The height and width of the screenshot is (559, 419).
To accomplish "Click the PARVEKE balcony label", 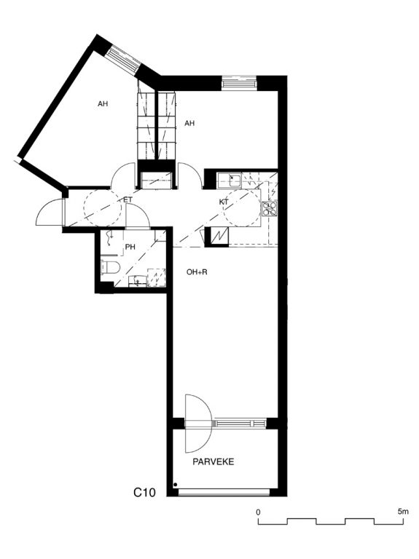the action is [x=214, y=462].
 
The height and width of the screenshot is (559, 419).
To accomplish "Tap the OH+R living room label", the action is [x=197, y=272].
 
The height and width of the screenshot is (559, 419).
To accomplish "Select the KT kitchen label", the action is [x=224, y=202].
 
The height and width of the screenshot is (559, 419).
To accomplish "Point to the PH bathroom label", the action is [x=130, y=247].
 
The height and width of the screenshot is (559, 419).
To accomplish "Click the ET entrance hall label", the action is [x=128, y=200].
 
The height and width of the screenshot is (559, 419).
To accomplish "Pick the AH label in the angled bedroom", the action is [x=103, y=104].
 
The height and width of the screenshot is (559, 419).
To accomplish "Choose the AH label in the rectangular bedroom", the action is [x=189, y=123].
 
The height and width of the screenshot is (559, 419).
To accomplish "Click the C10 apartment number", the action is [x=144, y=493].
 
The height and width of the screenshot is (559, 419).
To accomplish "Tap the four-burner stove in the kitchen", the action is [x=270, y=209].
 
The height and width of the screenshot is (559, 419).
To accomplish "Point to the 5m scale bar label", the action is [x=403, y=512].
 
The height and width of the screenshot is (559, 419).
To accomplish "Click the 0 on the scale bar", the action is [x=258, y=512].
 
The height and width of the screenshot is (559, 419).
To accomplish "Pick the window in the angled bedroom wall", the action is [x=123, y=59].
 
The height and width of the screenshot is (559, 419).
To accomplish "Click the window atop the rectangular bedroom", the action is [x=239, y=82].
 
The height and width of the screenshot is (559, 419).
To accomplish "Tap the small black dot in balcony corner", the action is [x=175, y=485].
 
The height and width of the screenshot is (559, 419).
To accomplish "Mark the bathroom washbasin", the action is [x=138, y=280].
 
